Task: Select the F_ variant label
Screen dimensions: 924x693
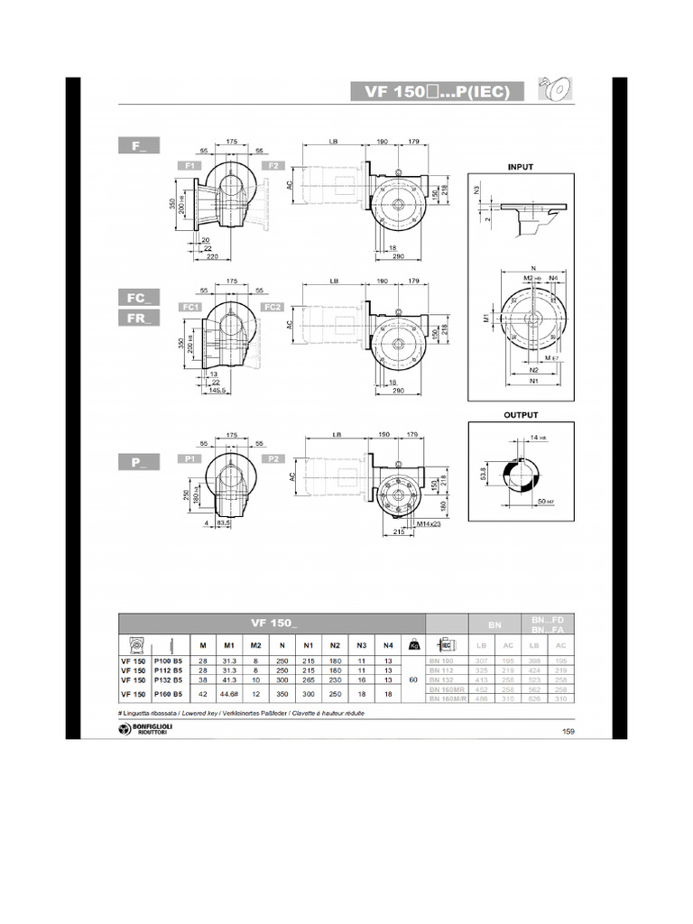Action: pyautogui.click(x=138, y=145)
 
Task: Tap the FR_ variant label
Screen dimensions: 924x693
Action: pyautogui.click(x=138, y=318)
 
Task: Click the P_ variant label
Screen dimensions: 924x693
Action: pyautogui.click(x=138, y=461)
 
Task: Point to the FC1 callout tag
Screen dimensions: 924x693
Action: pyautogui.click(x=190, y=307)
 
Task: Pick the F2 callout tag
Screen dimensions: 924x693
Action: pyautogui.click(x=273, y=166)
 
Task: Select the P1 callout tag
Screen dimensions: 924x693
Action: pyautogui.click(x=190, y=458)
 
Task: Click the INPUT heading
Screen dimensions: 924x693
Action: pyautogui.click(x=522, y=166)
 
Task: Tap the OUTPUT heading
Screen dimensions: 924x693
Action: pyautogui.click(x=521, y=415)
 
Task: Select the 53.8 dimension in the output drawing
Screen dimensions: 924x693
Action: pyautogui.click(x=484, y=475)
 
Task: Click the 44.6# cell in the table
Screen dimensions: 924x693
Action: pyautogui.click(x=229, y=694)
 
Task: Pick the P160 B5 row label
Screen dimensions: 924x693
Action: pyautogui.click(x=168, y=694)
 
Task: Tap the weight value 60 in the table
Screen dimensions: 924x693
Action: pyautogui.click(x=412, y=679)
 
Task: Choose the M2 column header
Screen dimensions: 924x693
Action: pyautogui.click(x=255, y=645)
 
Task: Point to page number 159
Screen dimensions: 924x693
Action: pyautogui.click(x=568, y=731)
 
